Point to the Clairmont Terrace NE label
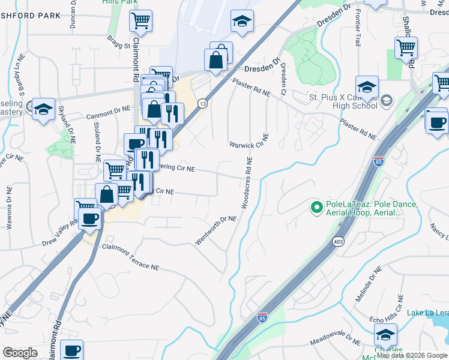pos(130,256)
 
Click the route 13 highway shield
pos(203,104)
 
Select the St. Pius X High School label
pos(342,101)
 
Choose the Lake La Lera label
pos(427,313)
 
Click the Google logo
pos(20,353)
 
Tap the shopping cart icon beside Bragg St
pos(140,22)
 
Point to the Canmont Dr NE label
pos(109,110)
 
